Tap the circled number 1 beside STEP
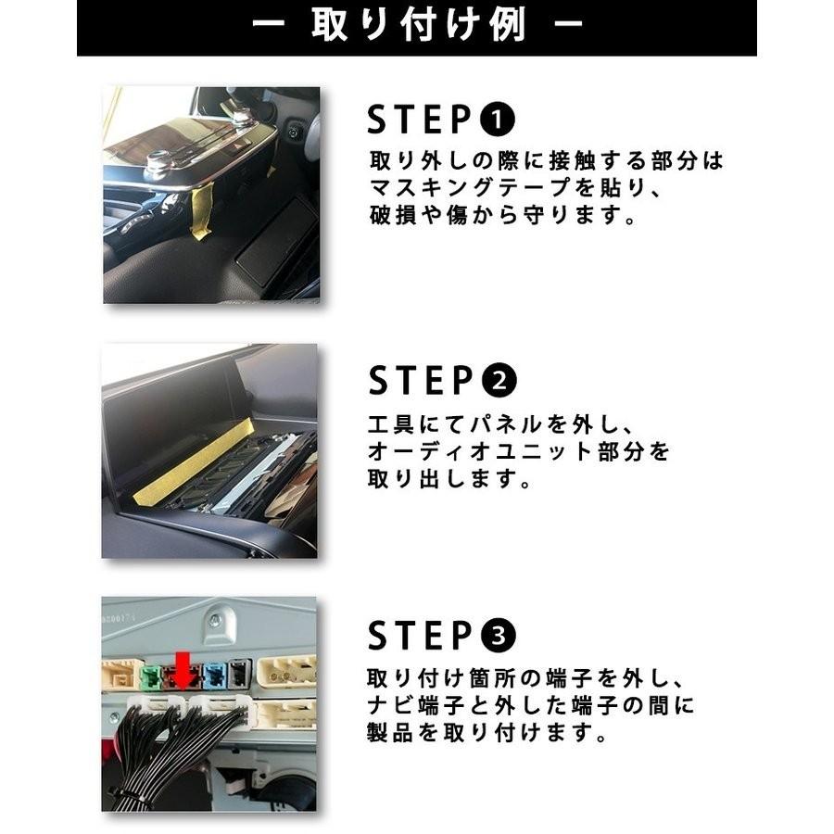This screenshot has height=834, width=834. (498, 120)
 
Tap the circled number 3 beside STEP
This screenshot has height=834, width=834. (498, 637)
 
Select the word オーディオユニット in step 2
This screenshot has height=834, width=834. (477, 453)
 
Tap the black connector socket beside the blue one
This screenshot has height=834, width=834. (238, 673)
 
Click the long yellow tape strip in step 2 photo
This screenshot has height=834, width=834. (194, 461)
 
